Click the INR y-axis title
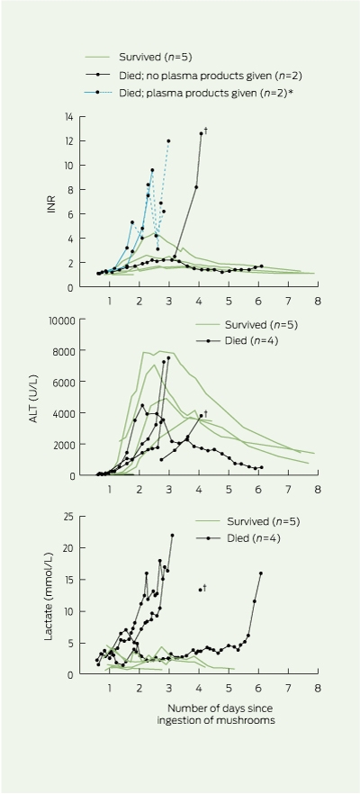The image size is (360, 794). [x=51, y=202]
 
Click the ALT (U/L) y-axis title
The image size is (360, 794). [x=51, y=397]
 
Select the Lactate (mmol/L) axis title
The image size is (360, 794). [x=49, y=596]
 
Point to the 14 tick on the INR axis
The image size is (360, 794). [x=68, y=116]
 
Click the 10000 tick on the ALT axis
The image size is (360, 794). [x=61, y=320]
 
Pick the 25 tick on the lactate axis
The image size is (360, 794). [x=67, y=516]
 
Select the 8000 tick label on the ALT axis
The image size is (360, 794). [x=63, y=351]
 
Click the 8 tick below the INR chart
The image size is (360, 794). [x=318, y=301]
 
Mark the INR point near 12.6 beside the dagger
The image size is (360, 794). [x=201, y=133]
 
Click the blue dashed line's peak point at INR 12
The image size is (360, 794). [x=168, y=140]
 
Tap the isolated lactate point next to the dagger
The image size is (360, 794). [x=201, y=590]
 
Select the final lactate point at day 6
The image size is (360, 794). [x=261, y=573]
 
